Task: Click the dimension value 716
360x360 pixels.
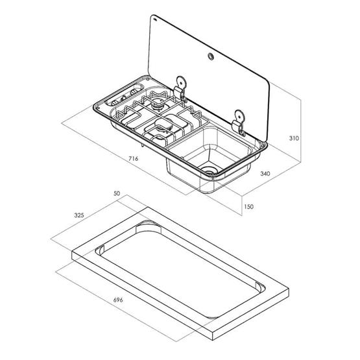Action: pyautogui.click(x=133, y=158)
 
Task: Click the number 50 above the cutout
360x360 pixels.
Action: pyautogui.click(x=117, y=193)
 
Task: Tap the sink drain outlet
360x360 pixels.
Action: pyautogui.click(x=210, y=170)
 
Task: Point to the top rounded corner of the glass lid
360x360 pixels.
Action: pyautogui.click(x=154, y=18)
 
